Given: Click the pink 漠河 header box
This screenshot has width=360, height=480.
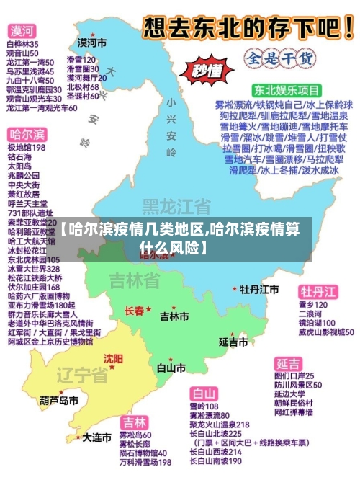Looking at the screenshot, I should click(22, 31).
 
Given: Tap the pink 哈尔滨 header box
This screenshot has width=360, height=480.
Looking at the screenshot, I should click(27, 135).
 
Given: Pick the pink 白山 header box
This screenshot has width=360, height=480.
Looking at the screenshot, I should click(204, 394).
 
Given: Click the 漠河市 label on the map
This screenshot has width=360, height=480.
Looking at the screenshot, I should click(91, 43).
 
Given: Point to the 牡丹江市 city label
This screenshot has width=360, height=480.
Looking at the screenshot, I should click(259, 289).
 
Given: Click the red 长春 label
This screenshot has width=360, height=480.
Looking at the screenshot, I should click(135, 311).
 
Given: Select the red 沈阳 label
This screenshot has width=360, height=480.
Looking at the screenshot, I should click(112, 358).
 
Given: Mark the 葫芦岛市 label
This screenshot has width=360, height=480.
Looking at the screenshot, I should click(59, 400).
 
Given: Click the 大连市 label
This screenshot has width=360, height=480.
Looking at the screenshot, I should click(96, 437).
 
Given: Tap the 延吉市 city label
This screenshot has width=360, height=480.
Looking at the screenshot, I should click(234, 340).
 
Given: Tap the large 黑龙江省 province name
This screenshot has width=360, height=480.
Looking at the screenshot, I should click(176, 207).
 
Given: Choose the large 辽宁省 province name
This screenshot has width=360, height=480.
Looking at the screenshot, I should click(82, 375).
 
